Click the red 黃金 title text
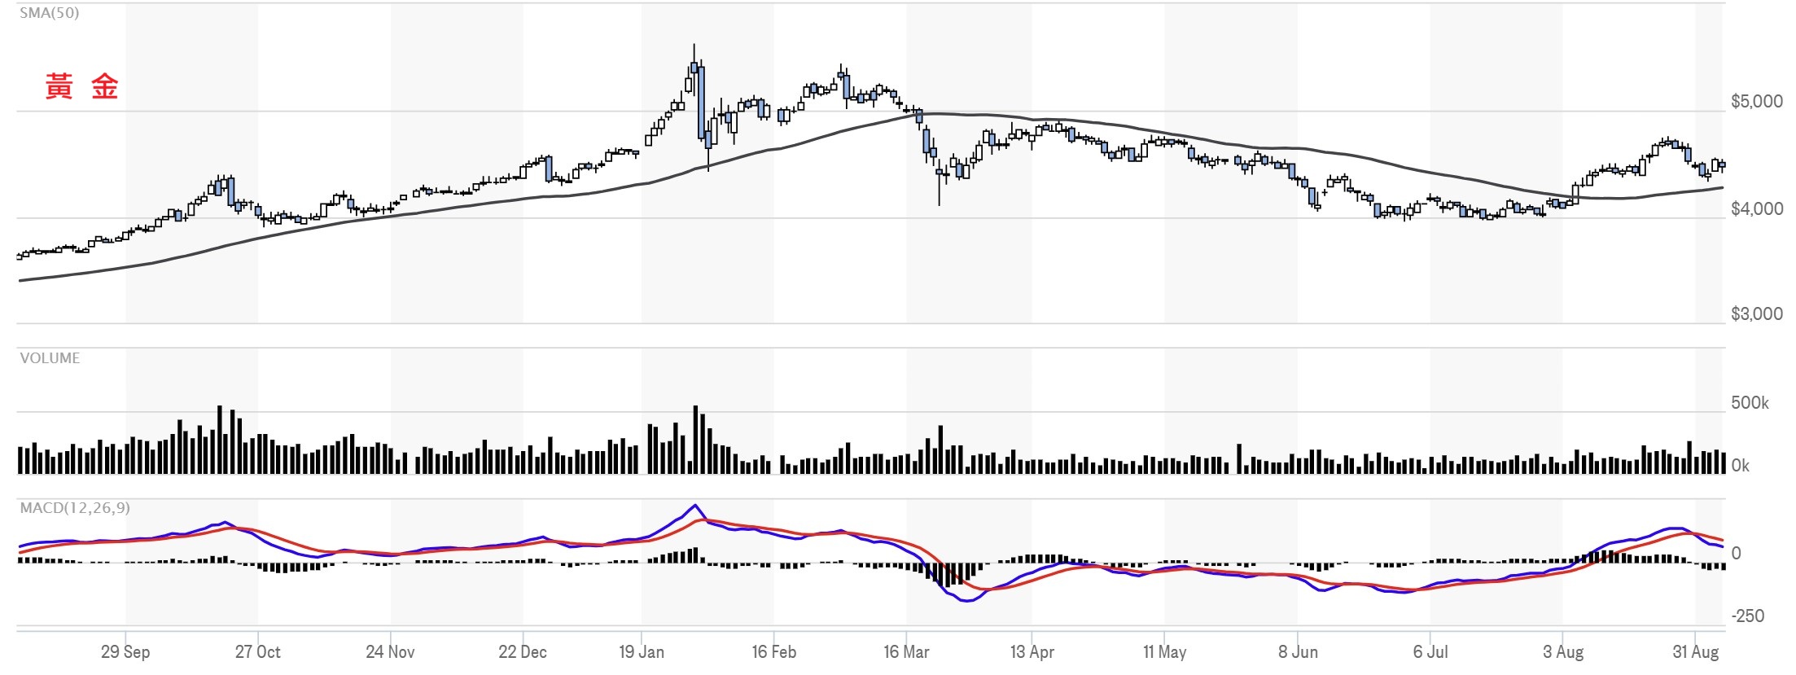(x=81, y=86)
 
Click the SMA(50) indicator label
(x=50, y=13)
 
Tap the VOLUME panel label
(x=50, y=358)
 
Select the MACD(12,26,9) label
(x=75, y=508)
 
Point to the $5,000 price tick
(x=1757, y=102)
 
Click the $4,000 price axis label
(x=1757, y=209)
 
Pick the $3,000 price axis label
(x=1757, y=314)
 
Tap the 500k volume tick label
(x=1750, y=403)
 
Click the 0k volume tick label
(x=1740, y=466)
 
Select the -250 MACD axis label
(x=1748, y=616)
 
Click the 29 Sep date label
(x=125, y=652)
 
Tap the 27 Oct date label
(x=258, y=652)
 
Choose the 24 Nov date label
(x=390, y=652)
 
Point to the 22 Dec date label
(x=523, y=652)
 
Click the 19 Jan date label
(x=642, y=652)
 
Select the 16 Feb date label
(x=774, y=652)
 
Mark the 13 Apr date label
(x=1032, y=652)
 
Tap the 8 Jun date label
(x=1298, y=652)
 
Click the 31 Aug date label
(x=1696, y=652)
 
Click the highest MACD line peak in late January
(x=694, y=506)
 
